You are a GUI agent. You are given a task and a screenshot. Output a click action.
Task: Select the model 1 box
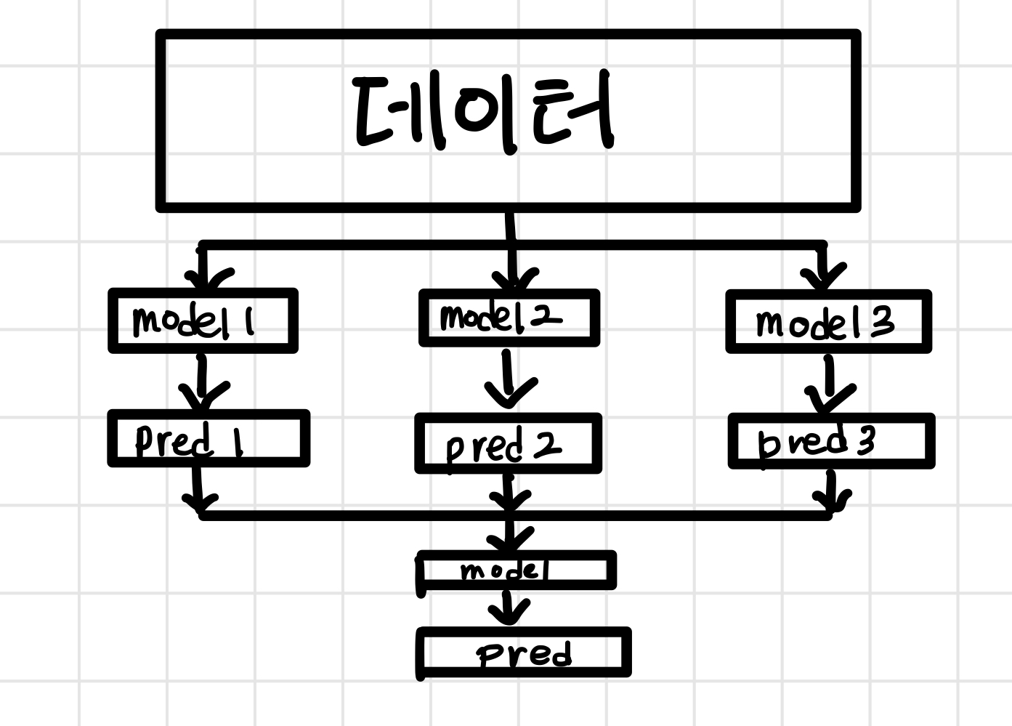click(203, 321)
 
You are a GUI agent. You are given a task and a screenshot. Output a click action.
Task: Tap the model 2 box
click(509, 318)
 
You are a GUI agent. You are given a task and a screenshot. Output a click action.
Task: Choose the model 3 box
click(828, 322)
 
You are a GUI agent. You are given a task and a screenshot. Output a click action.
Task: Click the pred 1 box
click(209, 439)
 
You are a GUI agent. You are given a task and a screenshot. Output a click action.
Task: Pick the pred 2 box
click(508, 444)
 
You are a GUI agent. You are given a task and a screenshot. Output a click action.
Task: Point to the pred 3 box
click(831, 441)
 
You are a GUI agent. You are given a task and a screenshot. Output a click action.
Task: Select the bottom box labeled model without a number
click(517, 570)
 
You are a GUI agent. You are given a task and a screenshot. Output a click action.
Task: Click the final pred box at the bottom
click(524, 653)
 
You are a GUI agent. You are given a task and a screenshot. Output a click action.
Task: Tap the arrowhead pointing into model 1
click(204, 278)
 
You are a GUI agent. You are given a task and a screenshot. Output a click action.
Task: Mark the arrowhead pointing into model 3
click(823, 277)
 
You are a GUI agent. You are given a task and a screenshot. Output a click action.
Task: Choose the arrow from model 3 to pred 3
click(829, 385)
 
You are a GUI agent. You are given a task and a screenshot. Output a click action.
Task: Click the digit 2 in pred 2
click(547, 445)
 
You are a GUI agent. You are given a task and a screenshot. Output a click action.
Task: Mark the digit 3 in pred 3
click(865, 440)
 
